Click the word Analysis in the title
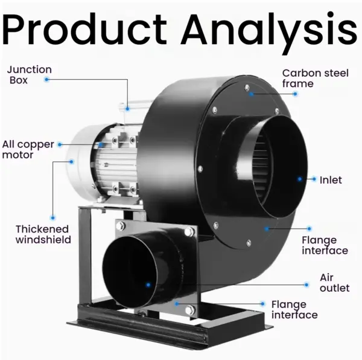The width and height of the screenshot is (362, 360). pos(270,33)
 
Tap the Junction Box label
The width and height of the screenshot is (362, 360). pos(30,75)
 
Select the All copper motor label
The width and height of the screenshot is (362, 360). pos(28,150)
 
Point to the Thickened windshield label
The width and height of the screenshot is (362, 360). pos(43,234)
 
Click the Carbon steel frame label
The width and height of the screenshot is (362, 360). pos(316,79)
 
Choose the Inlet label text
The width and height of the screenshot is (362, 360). pos(331,180)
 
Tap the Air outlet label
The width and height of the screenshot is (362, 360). pos(334,283)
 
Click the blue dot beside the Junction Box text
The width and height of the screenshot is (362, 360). pos(46,80)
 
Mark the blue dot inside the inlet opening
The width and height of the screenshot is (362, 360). pos(300,179)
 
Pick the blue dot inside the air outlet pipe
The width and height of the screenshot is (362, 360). pos(148,285)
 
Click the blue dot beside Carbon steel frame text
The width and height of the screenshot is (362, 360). pos(295,94)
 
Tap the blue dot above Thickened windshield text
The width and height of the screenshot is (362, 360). pos(52,217)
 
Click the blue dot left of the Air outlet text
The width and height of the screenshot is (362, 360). pos(306,284)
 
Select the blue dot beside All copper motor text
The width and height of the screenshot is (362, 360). pos(60,144)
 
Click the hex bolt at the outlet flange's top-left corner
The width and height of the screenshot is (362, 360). pos(121,226)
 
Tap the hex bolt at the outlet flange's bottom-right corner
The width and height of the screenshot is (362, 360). pos(190,309)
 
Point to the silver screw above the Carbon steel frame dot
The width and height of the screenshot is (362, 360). pos(247,88)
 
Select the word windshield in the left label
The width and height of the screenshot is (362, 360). pos(43,240)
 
